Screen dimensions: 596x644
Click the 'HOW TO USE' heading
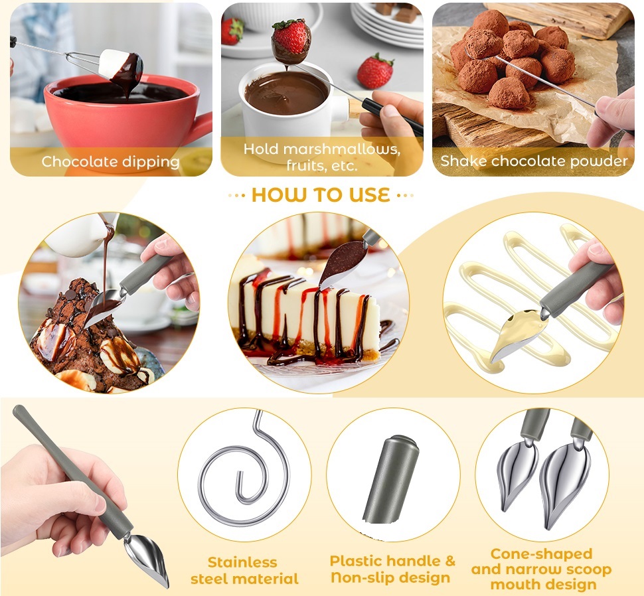click(321, 195)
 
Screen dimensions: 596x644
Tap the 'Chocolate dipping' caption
click(110, 162)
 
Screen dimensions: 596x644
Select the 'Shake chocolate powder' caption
click(534, 161)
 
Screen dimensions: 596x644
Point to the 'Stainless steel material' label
click(244, 570)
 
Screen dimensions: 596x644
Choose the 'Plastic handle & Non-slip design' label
click(392, 569)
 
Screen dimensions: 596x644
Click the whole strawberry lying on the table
click(375, 71)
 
